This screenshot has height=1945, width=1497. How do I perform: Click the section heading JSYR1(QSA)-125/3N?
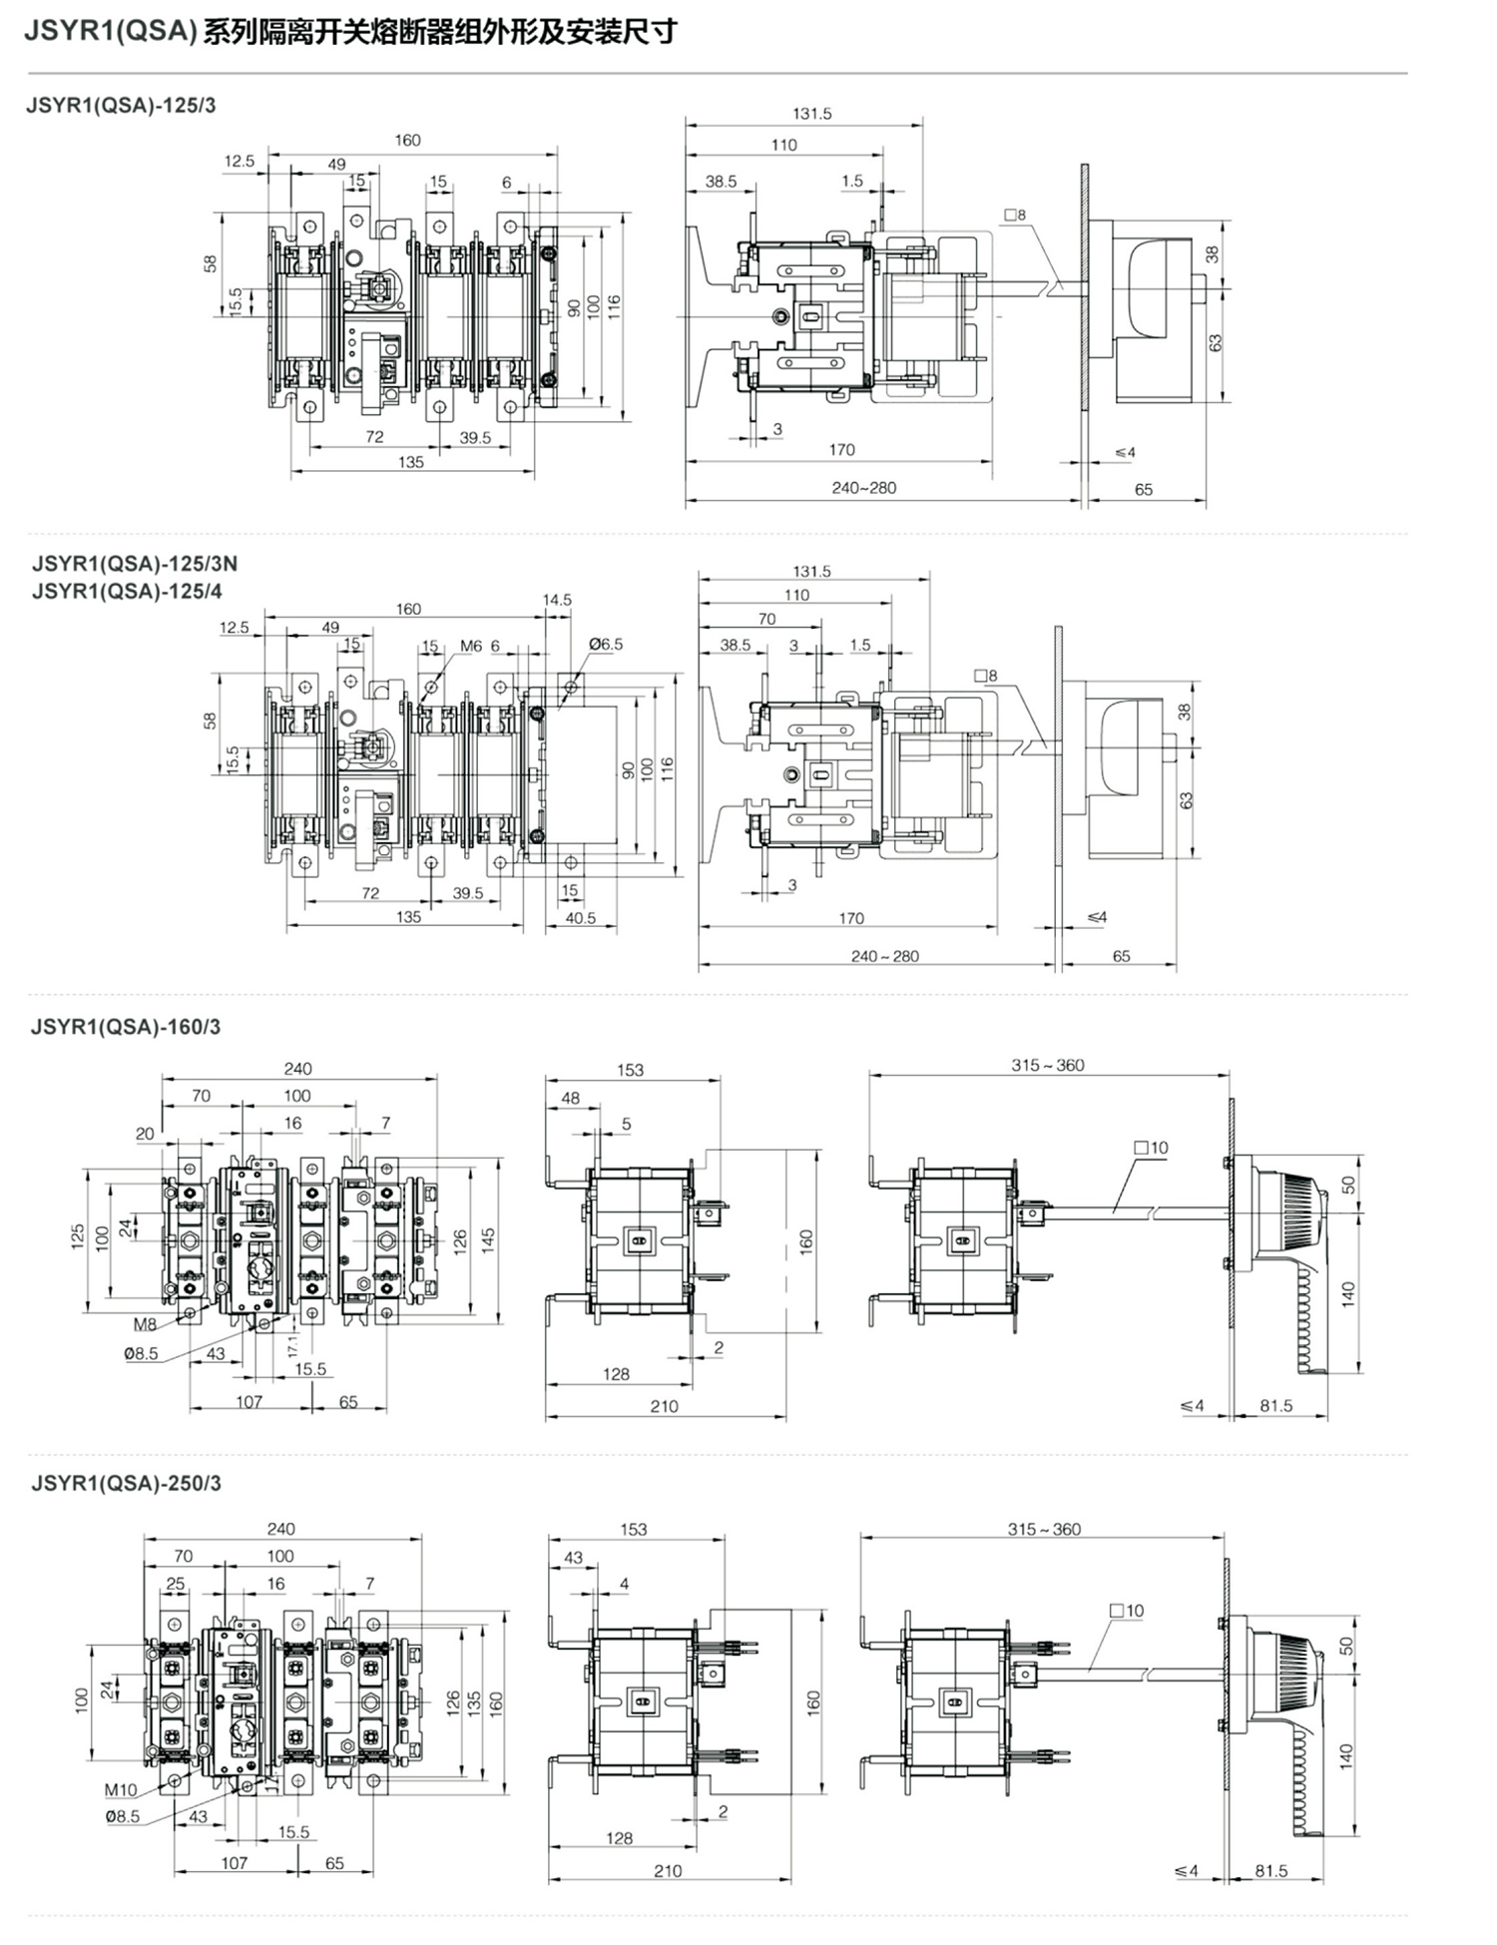[135, 563]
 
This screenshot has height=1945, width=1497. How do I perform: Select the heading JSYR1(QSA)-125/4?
[127, 591]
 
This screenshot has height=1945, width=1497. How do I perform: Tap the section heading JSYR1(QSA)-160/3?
[126, 1027]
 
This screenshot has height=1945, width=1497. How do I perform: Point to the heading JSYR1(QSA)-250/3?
[126, 1483]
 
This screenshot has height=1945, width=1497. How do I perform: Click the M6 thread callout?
[471, 646]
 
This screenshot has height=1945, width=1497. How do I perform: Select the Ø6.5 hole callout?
[606, 644]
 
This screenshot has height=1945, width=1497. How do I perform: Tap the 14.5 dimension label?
[557, 600]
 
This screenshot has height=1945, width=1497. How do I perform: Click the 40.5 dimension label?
[581, 918]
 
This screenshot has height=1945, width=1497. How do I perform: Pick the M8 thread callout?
[146, 1324]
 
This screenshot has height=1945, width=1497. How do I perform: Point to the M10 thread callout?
[121, 1790]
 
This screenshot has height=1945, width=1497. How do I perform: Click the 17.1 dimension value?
[292, 1345]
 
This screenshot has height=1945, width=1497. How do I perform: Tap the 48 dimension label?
[570, 1098]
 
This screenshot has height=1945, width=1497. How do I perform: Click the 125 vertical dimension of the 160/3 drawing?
[78, 1236]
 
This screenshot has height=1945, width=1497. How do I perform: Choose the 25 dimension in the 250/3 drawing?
[176, 1584]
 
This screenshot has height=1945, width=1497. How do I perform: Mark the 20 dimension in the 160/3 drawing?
[145, 1134]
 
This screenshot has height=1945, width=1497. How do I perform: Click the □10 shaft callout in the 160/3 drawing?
[1151, 1148]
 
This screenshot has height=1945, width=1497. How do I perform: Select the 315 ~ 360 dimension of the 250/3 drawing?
[1044, 1529]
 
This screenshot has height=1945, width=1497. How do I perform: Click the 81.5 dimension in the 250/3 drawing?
[1271, 1871]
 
